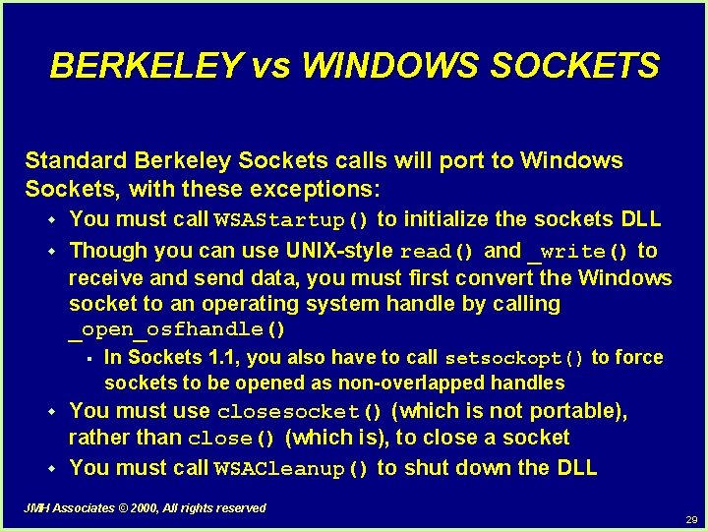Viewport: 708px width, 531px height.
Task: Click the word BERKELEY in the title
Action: click(x=145, y=65)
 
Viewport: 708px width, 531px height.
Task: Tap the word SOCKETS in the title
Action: click(x=575, y=65)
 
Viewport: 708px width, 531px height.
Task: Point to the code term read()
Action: click(x=438, y=251)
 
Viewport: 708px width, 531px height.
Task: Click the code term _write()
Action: click(x=579, y=251)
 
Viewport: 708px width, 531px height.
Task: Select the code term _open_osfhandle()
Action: click(x=177, y=328)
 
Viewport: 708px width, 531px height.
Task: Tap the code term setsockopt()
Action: click(x=515, y=358)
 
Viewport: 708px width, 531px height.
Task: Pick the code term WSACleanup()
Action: click(x=292, y=469)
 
